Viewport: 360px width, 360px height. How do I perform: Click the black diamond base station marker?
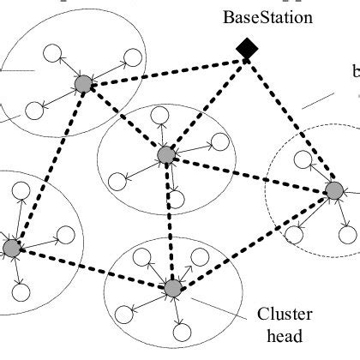[x=246, y=51]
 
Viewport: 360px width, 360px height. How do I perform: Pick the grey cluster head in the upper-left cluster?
[x=83, y=83]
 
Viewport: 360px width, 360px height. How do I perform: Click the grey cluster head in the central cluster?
[x=166, y=154]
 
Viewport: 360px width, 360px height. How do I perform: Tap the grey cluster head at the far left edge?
[x=11, y=249]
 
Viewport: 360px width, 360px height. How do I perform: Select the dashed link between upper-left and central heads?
[x=125, y=119]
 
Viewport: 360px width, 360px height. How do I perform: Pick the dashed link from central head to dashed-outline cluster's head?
[x=249, y=172]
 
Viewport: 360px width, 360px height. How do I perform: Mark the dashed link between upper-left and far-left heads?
[x=47, y=166]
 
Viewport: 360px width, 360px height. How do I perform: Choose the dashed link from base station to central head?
[x=206, y=103]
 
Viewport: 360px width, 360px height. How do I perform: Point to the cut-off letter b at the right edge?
[x=355, y=72]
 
